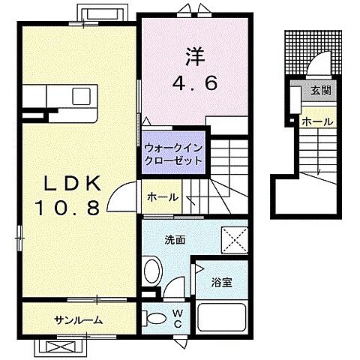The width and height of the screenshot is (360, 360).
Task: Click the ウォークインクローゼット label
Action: pos(173,154)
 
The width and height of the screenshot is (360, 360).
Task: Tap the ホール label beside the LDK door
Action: pos(163,198)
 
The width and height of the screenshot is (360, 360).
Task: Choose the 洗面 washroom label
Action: pos(175,239)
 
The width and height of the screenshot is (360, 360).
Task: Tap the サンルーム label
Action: pos(78,321)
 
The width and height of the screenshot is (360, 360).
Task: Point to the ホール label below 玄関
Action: pos(318,121)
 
